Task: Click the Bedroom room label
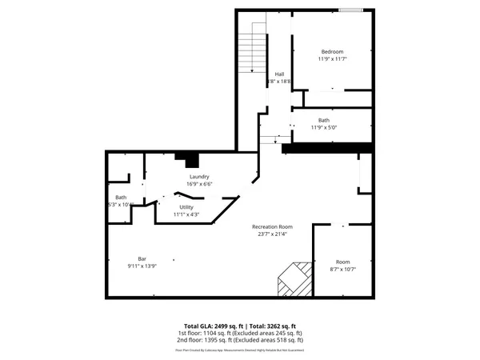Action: pyautogui.click(x=332, y=51)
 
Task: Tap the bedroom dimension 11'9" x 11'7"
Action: pyautogui.click(x=332, y=59)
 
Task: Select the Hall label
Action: pyautogui.click(x=279, y=74)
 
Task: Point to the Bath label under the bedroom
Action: pyautogui.click(x=323, y=120)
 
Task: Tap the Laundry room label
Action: pyautogui.click(x=199, y=177)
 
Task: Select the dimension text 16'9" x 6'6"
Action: pyautogui.click(x=199, y=184)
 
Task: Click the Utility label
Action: pyautogui.click(x=186, y=206)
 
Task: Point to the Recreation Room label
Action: pyautogui.click(x=272, y=226)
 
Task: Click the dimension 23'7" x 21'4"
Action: pyautogui.click(x=272, y=234)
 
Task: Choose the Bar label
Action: pyautogui.click(x=142, y=258)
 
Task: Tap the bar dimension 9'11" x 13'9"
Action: pyautogui.click(x=142, y=266)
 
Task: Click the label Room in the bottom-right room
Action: pyautogui.click(x=342, y=262)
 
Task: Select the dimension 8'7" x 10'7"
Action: pyautogui.click(x=342, y=270)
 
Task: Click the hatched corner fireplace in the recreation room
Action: pyautogui.click(x=292, y=280)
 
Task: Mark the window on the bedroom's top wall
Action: pyautogui.click(x=350, y=10)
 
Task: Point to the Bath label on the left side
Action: pyautogui.click(x=121, y=198)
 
